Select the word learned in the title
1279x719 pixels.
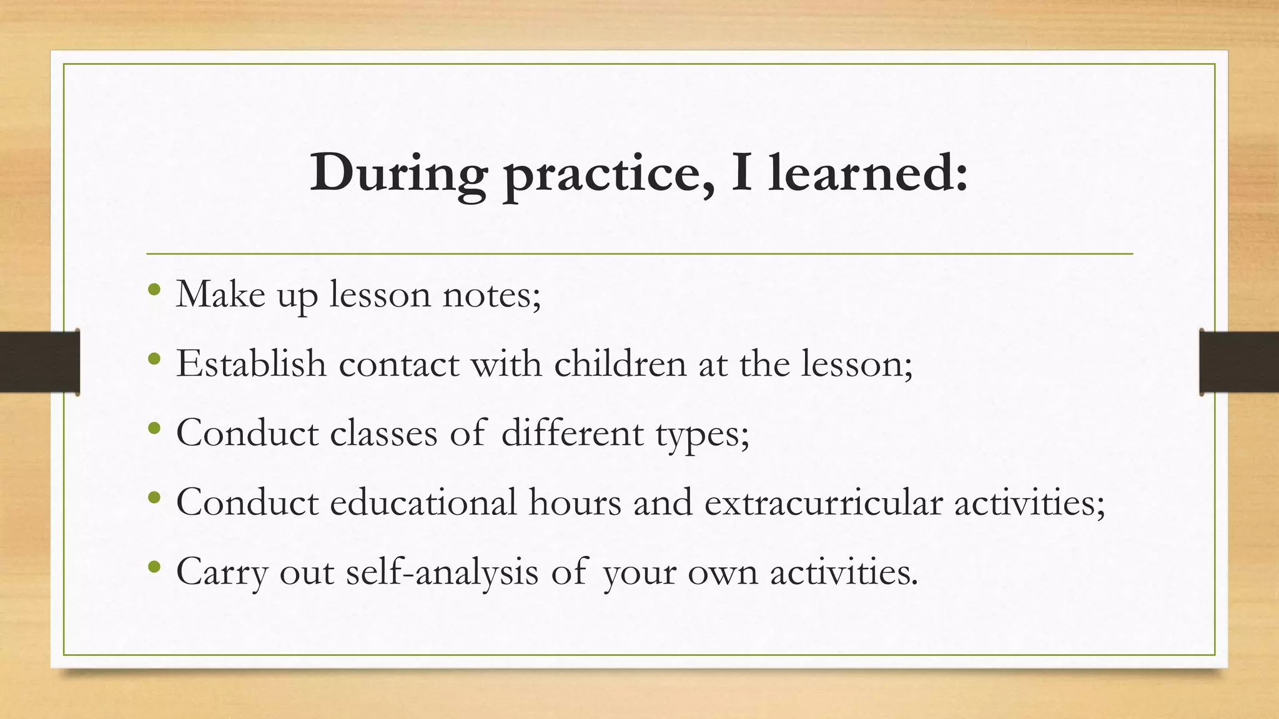868,173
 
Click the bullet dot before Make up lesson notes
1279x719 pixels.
155,290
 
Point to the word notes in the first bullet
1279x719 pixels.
491,294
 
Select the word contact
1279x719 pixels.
399,364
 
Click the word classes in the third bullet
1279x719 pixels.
383,433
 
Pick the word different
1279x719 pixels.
572,433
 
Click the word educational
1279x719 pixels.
423,501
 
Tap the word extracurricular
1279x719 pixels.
823,502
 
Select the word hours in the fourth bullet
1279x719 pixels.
575,501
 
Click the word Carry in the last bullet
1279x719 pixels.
222,572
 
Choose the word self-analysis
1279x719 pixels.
442,572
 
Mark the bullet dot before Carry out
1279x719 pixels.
155,567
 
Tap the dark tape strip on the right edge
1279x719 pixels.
1239,362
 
